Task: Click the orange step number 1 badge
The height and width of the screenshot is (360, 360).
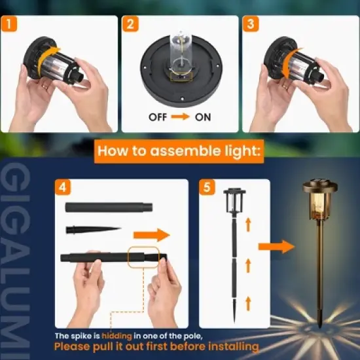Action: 9,24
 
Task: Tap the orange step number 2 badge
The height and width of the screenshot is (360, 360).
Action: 131,24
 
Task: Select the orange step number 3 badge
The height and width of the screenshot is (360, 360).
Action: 250,24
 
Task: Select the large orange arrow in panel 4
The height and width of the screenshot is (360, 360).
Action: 151,234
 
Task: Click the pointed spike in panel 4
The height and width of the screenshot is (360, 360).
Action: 93,230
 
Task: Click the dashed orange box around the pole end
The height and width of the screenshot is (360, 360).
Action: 143,257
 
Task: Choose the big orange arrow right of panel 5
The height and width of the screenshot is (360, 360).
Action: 276,246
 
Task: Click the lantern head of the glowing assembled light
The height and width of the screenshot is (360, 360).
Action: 320,200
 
